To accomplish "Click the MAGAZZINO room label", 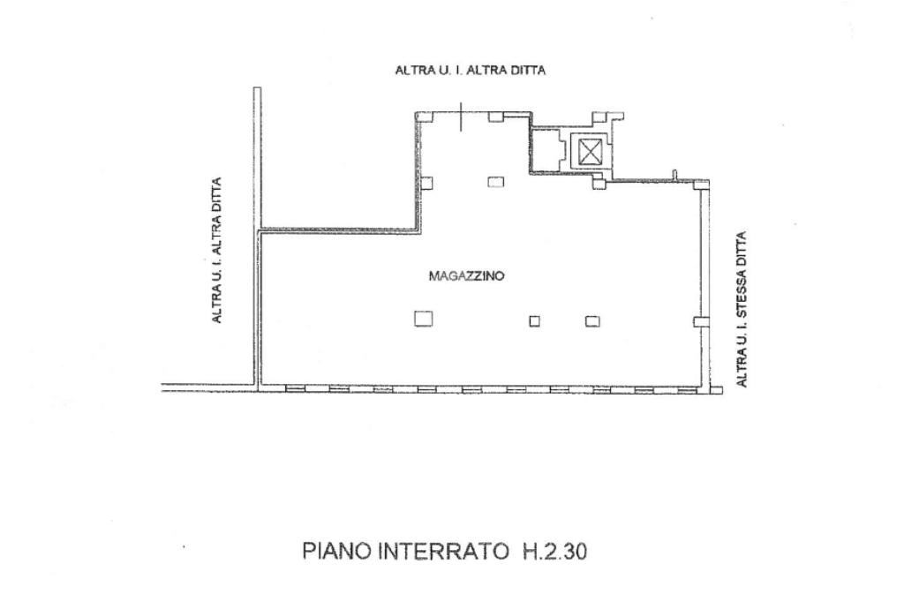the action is [466, 276].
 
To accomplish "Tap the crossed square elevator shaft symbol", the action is [588, 151].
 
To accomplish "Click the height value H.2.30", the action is [551, 552].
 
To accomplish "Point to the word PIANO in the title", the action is [338, 552].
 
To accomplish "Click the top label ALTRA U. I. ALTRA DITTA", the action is [470, 70].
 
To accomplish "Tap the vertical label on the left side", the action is [216, 250].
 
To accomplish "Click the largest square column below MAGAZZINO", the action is [424, 319].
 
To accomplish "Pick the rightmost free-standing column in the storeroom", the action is [591, 321].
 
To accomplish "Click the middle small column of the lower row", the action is [534, 321].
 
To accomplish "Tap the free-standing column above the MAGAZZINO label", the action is [495, 182].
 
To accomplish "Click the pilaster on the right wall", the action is [699, 322].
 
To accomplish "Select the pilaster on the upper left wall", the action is [426, 184].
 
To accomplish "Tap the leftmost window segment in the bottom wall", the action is [295, 388].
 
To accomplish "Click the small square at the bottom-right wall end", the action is [716, 389].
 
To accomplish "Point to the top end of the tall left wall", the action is [257, 89].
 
